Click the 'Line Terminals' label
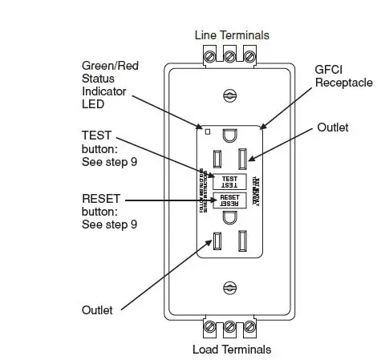pyautogui.click(x=232, y=34)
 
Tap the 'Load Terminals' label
pyautogui.click(x=231, y=349)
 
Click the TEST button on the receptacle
pyautogui.click(x=230, y=181)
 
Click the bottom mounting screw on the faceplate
pyautogui.click(x=231, y=287)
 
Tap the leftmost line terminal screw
pyautogui.click(x=213, y=55)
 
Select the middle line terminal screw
pyautogui.click(x=231, y=55)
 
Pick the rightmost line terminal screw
pyautogui.click(x=249, y=55)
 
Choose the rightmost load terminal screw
pyautogui.click(x=249, y=328)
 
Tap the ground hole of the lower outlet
pyautogui.click(x=230, y=216)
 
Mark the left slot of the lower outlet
pyautogui.click(x=217, y=241)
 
